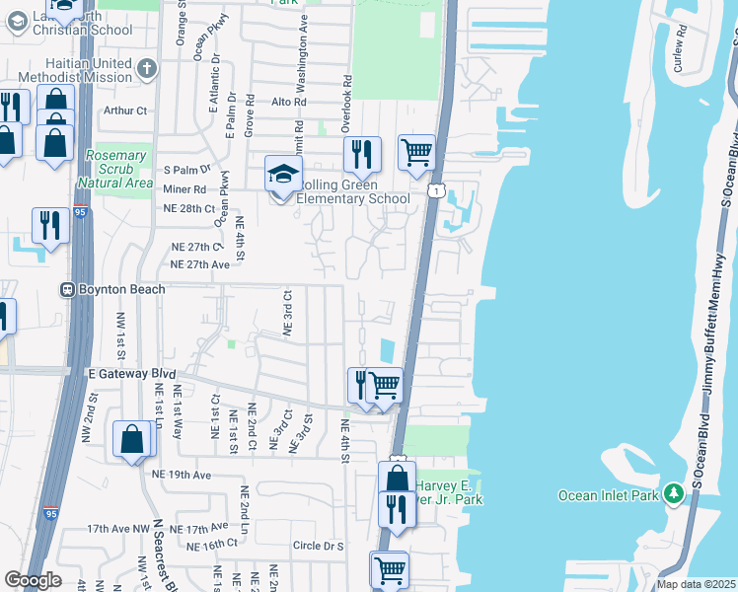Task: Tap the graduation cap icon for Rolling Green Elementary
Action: [x=282, y=175]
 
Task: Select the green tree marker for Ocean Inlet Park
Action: [x=674, y=491]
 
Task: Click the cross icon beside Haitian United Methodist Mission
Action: [x=147, y=69]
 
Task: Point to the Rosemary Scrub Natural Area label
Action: [x=118, y=169]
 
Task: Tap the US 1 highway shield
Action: [x=433, y=188]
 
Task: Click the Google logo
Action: [x=33, y=580]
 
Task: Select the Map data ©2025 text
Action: [x=697, y=584]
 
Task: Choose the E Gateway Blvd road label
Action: [x=131, y=375]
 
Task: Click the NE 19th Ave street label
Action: [x=182, y=475]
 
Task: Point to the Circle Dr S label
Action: [x=318, y=546]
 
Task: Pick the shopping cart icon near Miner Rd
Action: [x=416, y=153]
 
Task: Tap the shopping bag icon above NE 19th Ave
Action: [x=132, y=439]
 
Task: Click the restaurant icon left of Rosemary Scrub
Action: [x=48, y=225]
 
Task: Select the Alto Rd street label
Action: [x=288, y=102]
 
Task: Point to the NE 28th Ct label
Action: [x=188, y=209]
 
